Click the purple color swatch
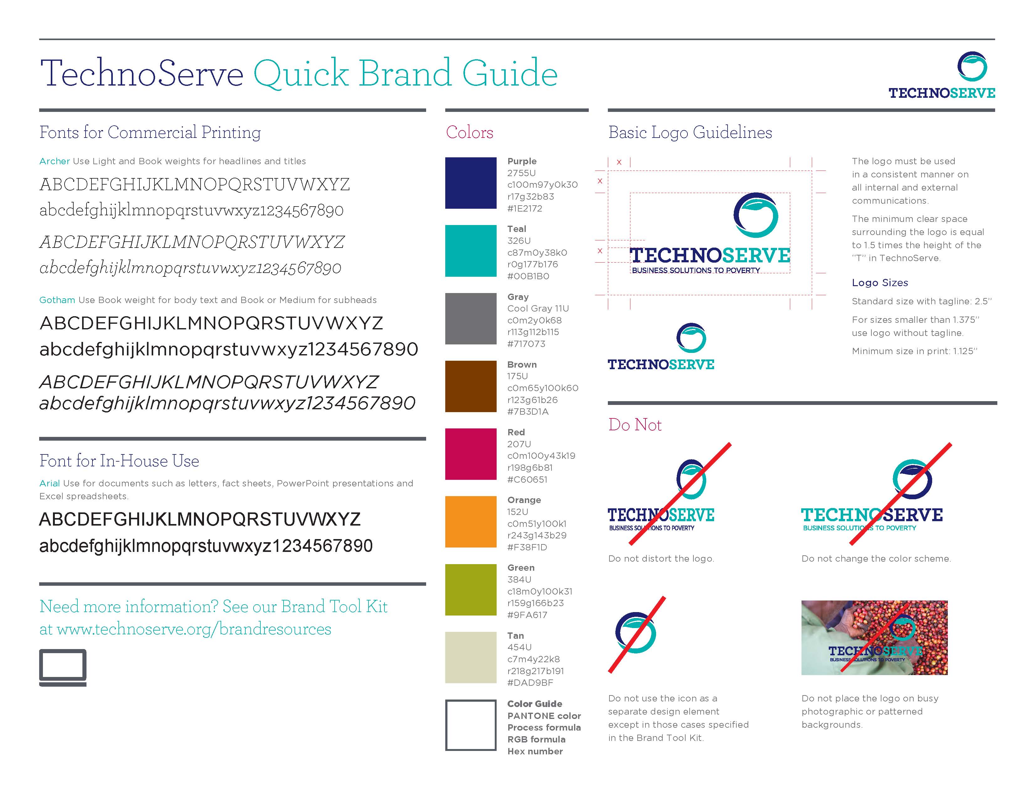tap(471, 183)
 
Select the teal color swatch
tap(471, 250)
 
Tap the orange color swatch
tap(471, 522)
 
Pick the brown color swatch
tap(471, 386)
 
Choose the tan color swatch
tap(471, 658)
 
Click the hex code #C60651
tap(527, 480)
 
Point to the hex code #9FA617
tap(527, 615)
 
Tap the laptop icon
tap(63, 668)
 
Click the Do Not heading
tap(635, 425)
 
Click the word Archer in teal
tap(55, 161)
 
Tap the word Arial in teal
tap(49, 483)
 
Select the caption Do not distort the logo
tap(661, 559)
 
